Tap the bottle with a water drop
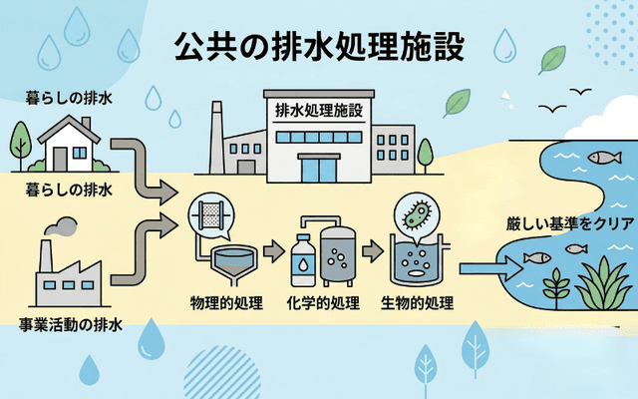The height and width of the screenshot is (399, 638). [x=303, y=261]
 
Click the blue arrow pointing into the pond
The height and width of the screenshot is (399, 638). [x=494, y=266]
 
